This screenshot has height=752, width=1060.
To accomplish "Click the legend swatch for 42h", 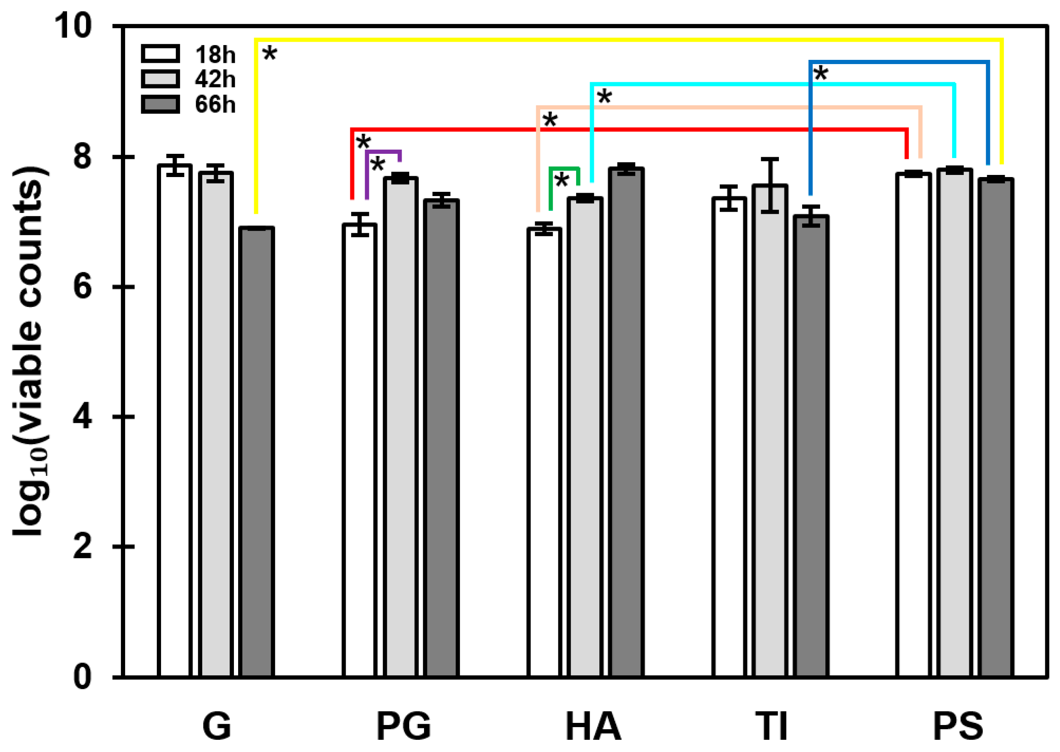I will [160, 79].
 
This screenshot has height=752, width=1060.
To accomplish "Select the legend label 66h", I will [215, 105].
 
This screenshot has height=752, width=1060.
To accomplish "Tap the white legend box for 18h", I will [160, 54].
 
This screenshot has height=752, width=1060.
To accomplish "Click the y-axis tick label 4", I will [82, 416].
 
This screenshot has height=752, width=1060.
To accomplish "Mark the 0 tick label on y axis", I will [82, 677].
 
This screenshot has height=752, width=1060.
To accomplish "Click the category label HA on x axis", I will [593, 726].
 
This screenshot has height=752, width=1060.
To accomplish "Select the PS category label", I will [958, 726].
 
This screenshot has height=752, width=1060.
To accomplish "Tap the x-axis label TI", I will [771, 726].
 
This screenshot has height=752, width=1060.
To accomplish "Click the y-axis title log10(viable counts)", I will [29, 352].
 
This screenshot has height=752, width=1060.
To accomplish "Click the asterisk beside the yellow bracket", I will [269, 55].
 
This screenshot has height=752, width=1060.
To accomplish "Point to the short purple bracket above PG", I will [383, 152].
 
